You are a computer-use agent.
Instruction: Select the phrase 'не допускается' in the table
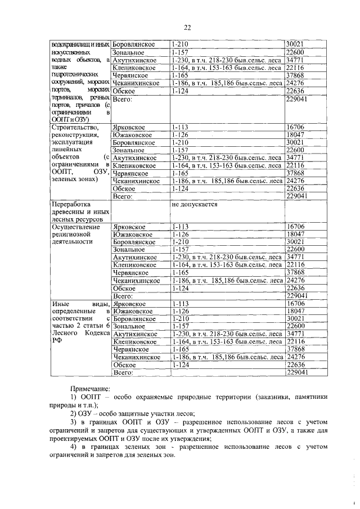click(195, 205)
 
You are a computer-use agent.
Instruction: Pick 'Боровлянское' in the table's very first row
click(134, 43)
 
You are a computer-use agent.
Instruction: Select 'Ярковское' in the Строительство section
click(129, 127)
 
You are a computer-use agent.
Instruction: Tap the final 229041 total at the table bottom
click(296, 372)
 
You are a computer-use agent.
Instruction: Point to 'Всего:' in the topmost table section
click(122, 99)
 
